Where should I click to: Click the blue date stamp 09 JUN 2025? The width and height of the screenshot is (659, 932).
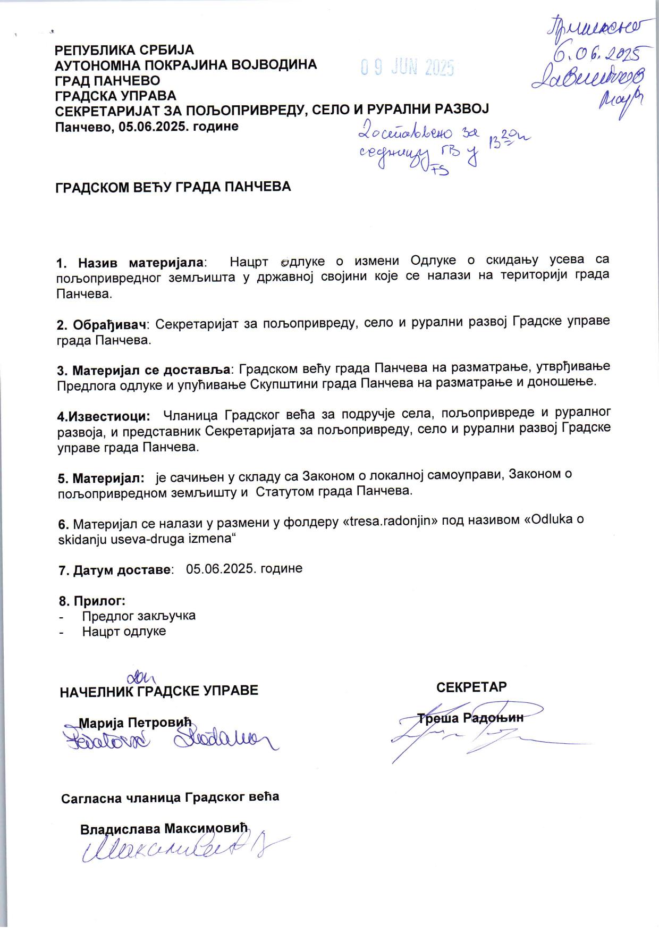point(407,68)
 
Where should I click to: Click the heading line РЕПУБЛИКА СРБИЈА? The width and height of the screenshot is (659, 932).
point(125,50)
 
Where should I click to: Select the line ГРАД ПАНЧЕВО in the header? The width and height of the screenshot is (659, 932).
point(108,80)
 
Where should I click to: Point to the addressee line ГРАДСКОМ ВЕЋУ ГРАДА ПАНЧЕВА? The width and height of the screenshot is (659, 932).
point(173,187)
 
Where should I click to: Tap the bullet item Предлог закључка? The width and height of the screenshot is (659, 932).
point(139,616)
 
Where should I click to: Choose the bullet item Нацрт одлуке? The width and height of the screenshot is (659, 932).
point(124,631)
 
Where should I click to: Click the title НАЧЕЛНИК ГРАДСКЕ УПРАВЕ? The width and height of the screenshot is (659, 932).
point(159,691)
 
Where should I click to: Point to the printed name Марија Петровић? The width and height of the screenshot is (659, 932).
point(134,723)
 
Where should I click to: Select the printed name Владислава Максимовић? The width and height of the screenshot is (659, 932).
point(164,829)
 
